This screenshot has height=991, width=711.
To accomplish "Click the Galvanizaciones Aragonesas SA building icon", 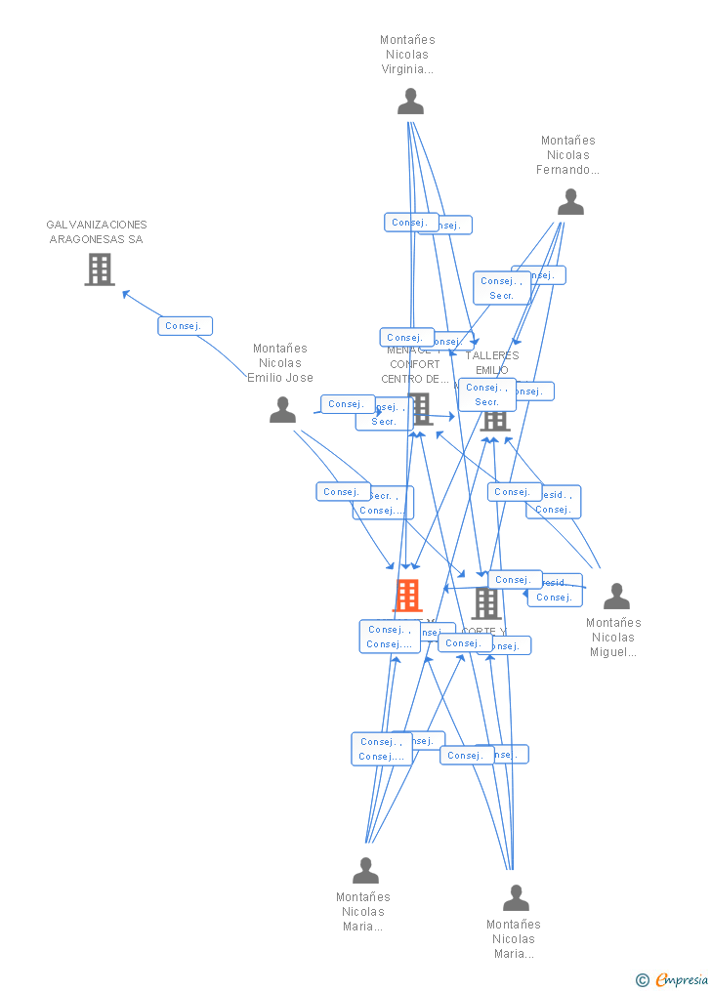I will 100,269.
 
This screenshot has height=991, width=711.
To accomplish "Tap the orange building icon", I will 407,595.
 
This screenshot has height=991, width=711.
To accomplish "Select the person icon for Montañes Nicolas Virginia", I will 411,102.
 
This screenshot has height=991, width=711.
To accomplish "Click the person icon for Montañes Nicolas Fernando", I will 570,202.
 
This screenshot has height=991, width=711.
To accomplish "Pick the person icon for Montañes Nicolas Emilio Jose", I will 282,410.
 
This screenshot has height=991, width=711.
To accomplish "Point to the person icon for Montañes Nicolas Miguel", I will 616,597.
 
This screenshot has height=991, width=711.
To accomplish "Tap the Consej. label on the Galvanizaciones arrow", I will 185,326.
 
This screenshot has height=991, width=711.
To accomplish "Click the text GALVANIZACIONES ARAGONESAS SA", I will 97,232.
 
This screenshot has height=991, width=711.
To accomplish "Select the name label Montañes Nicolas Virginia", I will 407,55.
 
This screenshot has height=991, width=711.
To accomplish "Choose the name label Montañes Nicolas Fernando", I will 568,155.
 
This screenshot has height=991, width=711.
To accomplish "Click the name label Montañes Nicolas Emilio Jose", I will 280,363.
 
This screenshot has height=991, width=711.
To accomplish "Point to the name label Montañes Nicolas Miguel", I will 613,638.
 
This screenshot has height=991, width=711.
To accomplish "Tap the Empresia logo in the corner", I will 681,980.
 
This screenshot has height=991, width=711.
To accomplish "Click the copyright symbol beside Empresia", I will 642,980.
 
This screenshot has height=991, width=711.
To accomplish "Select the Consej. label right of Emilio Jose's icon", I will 347,404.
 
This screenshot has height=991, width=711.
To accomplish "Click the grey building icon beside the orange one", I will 485,603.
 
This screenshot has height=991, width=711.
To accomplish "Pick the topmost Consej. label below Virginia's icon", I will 410,223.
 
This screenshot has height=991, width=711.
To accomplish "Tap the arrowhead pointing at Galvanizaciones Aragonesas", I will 124,292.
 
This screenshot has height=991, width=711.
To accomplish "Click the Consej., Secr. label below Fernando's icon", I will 501,288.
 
